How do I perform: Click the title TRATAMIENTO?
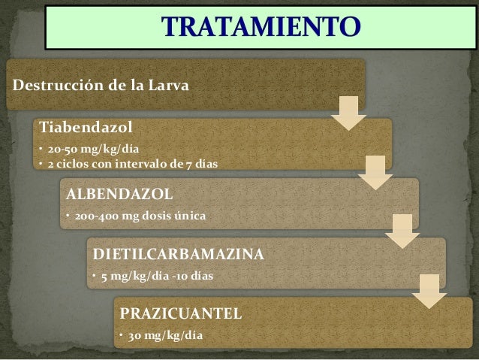click(x=262, y=29)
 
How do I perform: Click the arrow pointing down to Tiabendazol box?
click(x=348, y=112)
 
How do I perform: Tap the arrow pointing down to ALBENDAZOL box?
click(x=375, y=172)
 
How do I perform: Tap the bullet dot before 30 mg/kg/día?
click(x=120, y=335)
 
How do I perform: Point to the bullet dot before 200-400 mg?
click(x=66, y=218)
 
